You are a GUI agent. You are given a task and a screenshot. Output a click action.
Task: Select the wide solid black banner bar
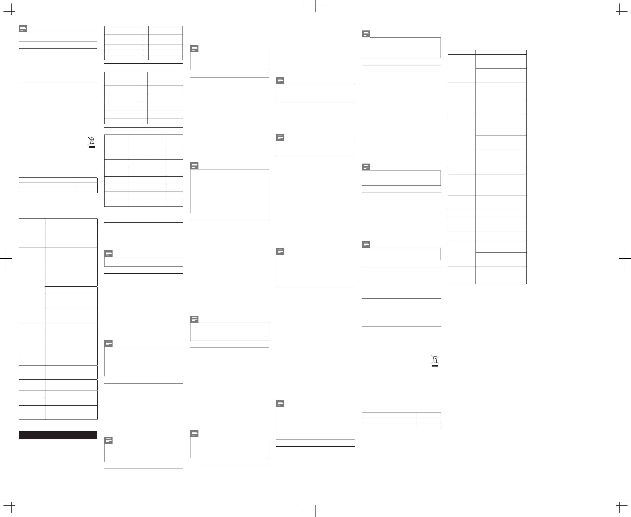[x=58, y=435]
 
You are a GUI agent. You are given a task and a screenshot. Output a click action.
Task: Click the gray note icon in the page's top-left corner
[x=23, y=29]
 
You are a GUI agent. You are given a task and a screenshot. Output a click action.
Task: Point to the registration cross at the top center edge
[x=315, y=6]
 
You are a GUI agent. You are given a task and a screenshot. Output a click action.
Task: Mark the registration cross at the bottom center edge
[x=315, y=511]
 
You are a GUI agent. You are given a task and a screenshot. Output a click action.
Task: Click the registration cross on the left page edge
[x=6, y=258]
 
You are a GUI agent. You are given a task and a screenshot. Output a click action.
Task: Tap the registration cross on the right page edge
[x=625, y=258]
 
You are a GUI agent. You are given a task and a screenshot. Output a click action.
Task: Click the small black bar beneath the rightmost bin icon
[x=435, y=366]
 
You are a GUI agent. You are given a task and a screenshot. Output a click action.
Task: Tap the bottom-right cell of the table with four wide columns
[x=174, y=203]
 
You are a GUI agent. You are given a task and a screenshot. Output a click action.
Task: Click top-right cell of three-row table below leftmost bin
[x=86, y=180]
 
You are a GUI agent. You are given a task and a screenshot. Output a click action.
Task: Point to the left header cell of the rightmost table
[x=461, y=52]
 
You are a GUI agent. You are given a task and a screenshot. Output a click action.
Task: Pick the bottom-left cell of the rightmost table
[x=461, y=275]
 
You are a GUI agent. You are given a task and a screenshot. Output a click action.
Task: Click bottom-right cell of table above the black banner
[x=71, y=413]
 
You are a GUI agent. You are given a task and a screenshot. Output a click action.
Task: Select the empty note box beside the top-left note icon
[x=58, y=37]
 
